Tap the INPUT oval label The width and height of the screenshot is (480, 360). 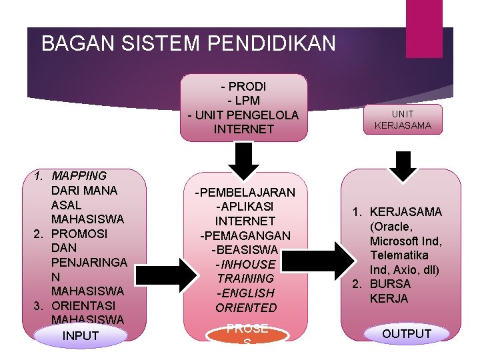tap(80, 335)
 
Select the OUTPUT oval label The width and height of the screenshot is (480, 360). tap(407, 334)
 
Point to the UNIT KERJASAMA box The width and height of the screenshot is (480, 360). tap(403, 120)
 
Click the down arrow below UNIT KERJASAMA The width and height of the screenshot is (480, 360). tap(403, 165)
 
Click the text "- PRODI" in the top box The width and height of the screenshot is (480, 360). tap(243, 87)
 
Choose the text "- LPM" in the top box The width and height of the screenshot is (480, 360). tap(243, 101)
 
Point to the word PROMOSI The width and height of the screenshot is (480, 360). tap(79, 234)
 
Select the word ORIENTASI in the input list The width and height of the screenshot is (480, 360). tap(83, 305)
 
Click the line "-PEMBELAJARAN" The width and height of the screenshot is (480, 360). tap(245, 192)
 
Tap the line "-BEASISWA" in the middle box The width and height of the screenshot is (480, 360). tap(245, 250)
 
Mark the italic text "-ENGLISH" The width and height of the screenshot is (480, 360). tap(245, 293)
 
